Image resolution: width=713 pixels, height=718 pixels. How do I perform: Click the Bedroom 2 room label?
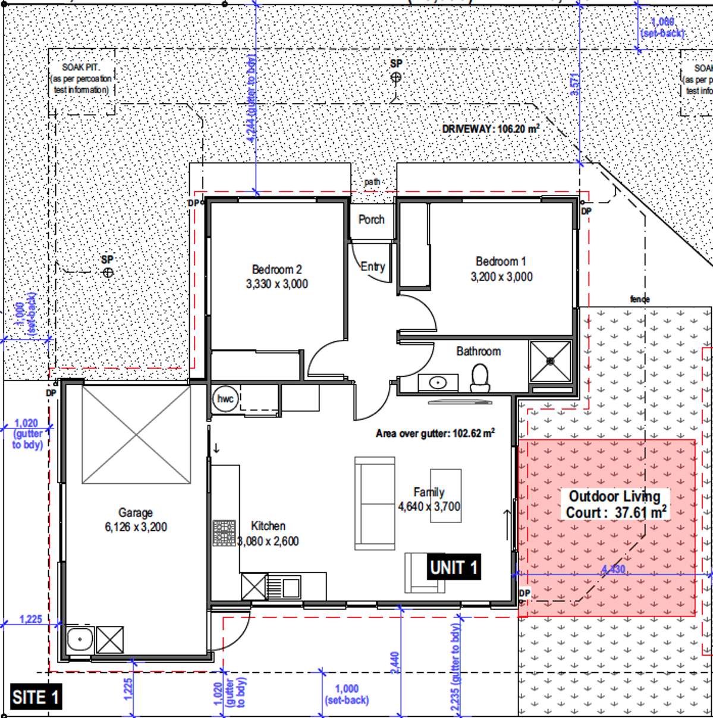click(x=277, y=269)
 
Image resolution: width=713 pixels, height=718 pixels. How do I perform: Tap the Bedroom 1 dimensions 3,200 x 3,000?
click(x=501, y=277)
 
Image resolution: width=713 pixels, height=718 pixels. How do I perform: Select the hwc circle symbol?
click(x=225, y=399)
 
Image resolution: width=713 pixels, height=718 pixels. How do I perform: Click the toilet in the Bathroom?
click(x=479, y=378)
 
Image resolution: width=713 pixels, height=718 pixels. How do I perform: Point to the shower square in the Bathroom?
click(x=550, y=361)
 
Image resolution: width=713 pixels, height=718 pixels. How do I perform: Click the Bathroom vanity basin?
click(x=438, y=382)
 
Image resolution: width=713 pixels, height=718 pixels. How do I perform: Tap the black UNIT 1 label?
click(x=454, y=567)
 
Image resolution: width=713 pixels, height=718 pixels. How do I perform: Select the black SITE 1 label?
click(x=36, y=697)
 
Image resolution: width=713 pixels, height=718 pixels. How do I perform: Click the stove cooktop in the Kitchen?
click(x=224, y=533)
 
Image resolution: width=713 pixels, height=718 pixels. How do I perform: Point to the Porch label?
click(x=371, y=219)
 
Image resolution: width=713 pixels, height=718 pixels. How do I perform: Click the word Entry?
click(x=373, y=267)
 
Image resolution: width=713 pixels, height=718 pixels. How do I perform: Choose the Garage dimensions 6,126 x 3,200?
click(x=136, y=527)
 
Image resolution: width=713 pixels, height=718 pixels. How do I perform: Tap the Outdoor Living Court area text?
click(x=614, y=504)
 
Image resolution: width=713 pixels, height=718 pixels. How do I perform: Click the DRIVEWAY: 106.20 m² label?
click(x=491, y=129)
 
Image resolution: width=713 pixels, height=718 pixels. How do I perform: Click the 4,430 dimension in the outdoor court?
click(x=613, y=569)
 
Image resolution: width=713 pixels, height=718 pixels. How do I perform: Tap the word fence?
click(x=640, y=300)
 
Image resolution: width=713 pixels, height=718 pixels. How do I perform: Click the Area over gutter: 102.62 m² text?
click(x=435, y=433)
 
